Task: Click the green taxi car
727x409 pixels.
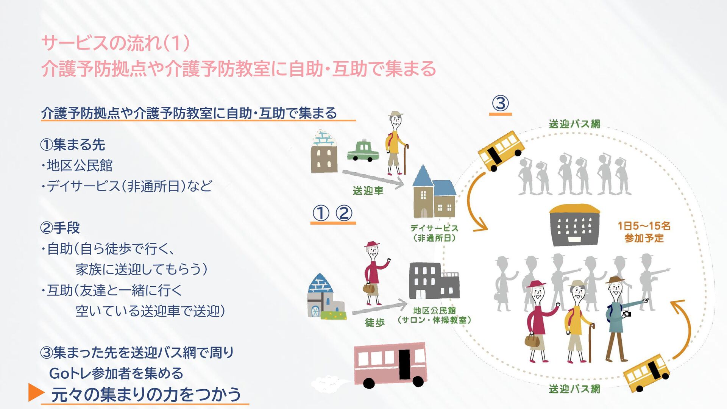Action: coord(363,151)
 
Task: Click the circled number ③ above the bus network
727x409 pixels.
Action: coord(500,103)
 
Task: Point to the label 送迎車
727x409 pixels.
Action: coord(368,190)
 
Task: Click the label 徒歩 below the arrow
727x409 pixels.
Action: coord(374,322)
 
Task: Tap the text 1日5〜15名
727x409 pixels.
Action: coord(644,226)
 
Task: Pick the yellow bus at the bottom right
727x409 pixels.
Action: coord(646,373)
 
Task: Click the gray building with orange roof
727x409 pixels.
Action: coord(574,225)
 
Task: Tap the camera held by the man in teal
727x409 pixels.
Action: coord(627,314)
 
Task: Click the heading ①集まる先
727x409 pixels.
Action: coord(72,144)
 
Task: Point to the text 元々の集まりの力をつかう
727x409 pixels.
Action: coord(146,394)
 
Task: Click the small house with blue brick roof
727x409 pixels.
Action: coord(325,298)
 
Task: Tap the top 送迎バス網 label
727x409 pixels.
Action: coord(574,124)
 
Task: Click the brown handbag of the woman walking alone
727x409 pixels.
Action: coord(369,289)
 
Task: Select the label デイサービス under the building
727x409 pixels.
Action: coord(434,228)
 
